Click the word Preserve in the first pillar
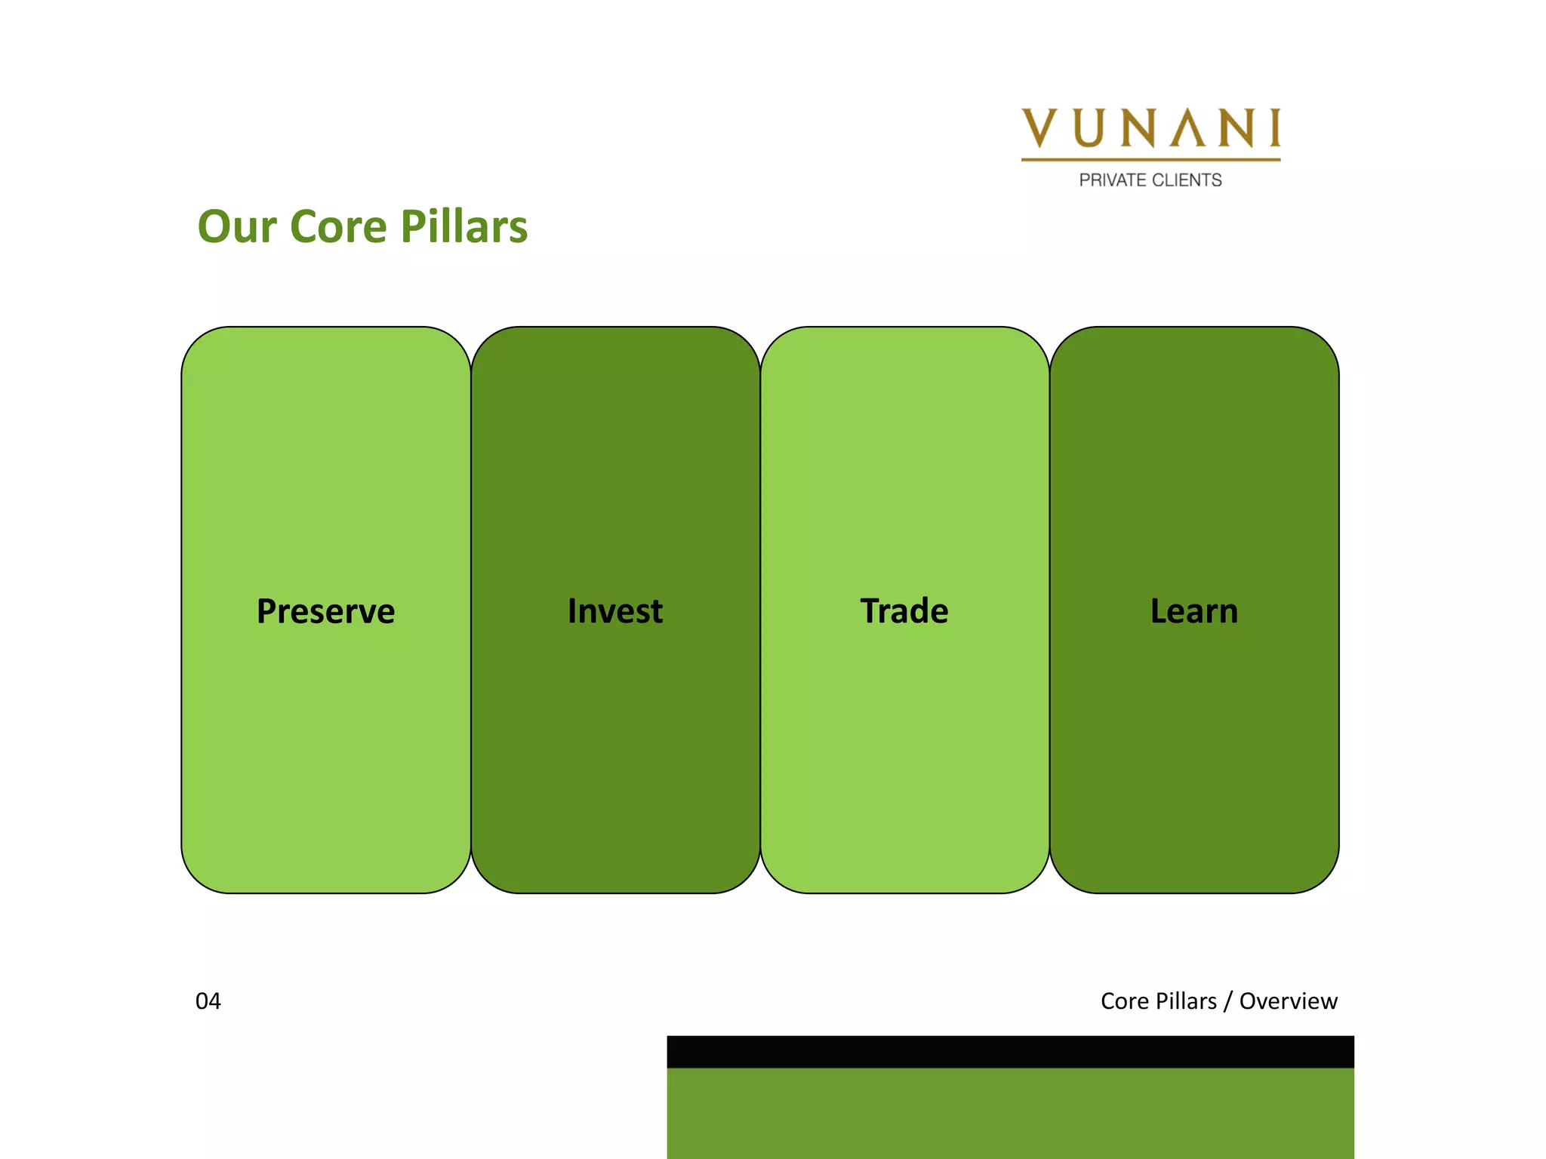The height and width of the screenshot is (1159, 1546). (x=325, y=611)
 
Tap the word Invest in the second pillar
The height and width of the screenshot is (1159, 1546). (x=615, y=611)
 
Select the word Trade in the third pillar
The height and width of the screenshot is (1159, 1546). (x=904, y=611)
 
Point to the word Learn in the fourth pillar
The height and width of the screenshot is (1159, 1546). (x=1194, y=611)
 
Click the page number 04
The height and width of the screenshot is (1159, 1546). (x=208, y=1001)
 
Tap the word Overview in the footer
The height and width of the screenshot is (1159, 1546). (x=1288, y=1001)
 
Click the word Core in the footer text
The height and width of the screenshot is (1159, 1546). (x=1124, y=1001)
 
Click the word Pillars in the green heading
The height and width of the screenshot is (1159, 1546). (x=463, y=227)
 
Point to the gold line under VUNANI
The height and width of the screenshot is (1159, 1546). (x=1150, y=159)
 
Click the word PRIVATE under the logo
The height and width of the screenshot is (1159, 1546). (x=1113, y=180)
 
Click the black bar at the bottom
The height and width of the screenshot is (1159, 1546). (x=1010, y=1052)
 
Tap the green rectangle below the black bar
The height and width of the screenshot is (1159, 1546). (x=1010, y=1113)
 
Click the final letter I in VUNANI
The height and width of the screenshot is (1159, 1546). (x=1275, y=128)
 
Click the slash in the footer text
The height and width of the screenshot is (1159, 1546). (x=1228, y=1001)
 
